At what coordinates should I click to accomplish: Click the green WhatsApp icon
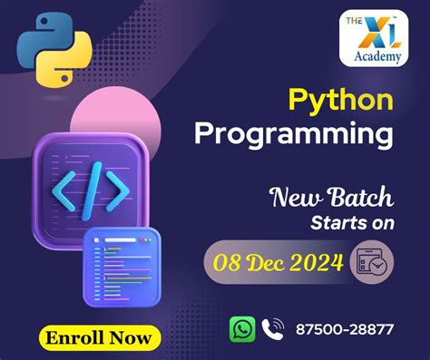[242, 329]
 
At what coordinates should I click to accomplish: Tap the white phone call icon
[272, 329]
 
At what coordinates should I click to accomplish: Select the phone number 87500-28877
[345, 329]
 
